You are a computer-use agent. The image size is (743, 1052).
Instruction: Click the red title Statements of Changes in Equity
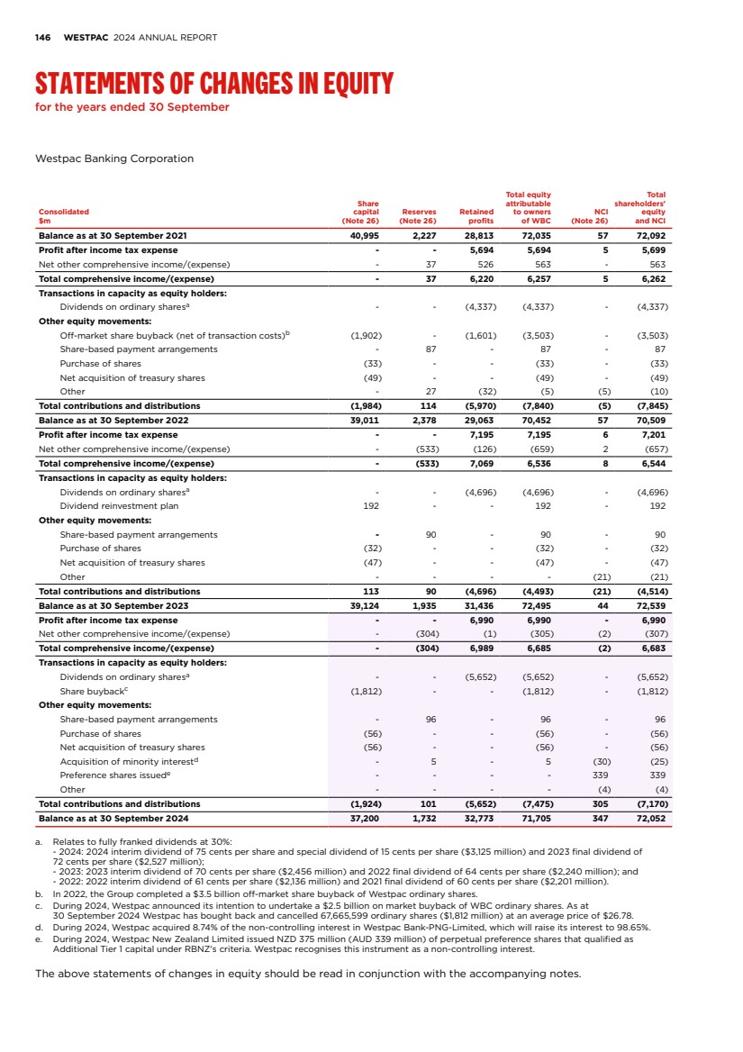[x=214, y=85]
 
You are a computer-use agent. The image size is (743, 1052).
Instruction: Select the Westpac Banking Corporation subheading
[x=113, y=159]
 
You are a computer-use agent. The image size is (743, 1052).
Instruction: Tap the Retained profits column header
[x=476, y=216]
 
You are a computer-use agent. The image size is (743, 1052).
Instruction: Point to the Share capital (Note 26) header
[x=360, y=212]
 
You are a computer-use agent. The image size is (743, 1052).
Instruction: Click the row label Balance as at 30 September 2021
[x=113, y=236]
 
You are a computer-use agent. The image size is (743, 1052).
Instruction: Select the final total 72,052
[x=650, y=818]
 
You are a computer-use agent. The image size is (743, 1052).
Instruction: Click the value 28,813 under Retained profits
[x=478, y=236]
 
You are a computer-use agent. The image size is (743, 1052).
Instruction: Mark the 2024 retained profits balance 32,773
[x=478, y=818]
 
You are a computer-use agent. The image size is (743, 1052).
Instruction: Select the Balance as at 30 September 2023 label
[x=113, y=605]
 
